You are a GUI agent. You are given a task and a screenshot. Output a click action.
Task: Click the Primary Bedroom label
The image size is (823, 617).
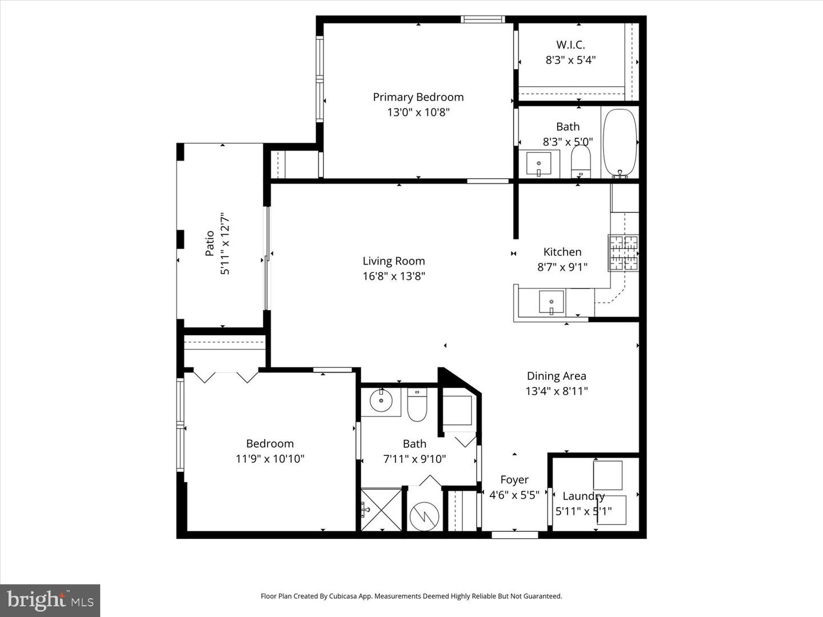click(x=418, y=97)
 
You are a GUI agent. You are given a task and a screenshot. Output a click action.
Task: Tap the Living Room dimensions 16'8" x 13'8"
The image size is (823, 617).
click(x=394, y=277)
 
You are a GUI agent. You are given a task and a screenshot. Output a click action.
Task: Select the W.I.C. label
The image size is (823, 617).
click(x=570, y=45)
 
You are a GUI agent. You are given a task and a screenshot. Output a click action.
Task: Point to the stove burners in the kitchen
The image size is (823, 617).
click(x=623, y=253)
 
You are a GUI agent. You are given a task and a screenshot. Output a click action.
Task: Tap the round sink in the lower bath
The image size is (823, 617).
click(x=381, y=400)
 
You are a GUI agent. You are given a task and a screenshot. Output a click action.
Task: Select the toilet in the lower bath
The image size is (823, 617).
click(x=417, y=404)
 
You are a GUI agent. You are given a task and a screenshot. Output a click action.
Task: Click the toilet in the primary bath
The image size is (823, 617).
click(x=581, y=162)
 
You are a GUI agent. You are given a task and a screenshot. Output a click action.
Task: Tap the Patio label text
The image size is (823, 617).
click(x=210, y=243)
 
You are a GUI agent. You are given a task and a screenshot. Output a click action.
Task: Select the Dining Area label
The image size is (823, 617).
click(x=556, y=376)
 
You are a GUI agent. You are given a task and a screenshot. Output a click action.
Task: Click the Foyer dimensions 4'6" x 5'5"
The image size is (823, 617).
click(x=514, y=495)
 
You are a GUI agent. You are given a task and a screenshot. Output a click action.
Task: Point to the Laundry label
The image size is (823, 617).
click(x=583, y=496)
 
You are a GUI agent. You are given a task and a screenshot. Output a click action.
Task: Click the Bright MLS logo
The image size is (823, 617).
click(x=50, y=600)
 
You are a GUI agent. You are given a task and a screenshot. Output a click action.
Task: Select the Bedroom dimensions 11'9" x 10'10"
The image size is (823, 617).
click(x=270, y=459)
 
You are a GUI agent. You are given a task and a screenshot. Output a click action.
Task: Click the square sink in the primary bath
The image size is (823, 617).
click(x=538, y=163)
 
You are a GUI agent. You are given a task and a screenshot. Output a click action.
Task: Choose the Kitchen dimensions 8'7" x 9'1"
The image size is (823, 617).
click(x=562, y=267)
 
